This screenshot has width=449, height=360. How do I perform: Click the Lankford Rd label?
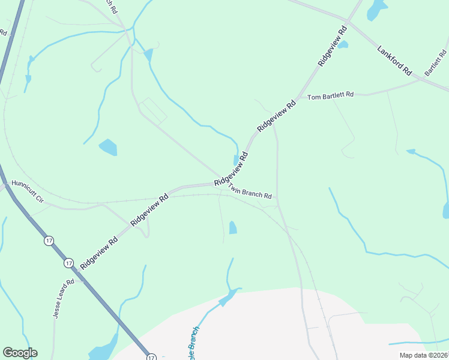[394, 60]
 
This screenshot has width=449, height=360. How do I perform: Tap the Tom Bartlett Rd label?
[331, 96]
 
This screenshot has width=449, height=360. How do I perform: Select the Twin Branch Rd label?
[249, 192]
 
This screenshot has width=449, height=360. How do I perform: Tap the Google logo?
[20, 353]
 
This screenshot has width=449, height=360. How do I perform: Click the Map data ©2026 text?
[423, 355]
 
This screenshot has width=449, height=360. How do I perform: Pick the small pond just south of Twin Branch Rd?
[232, 227]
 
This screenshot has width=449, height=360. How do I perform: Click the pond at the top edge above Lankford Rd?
[376, 8]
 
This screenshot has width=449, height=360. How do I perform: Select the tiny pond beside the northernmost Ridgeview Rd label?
[343, 44]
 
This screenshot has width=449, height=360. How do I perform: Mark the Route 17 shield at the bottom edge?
[151, 356]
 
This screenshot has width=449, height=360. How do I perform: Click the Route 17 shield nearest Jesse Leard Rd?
[68, 263]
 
